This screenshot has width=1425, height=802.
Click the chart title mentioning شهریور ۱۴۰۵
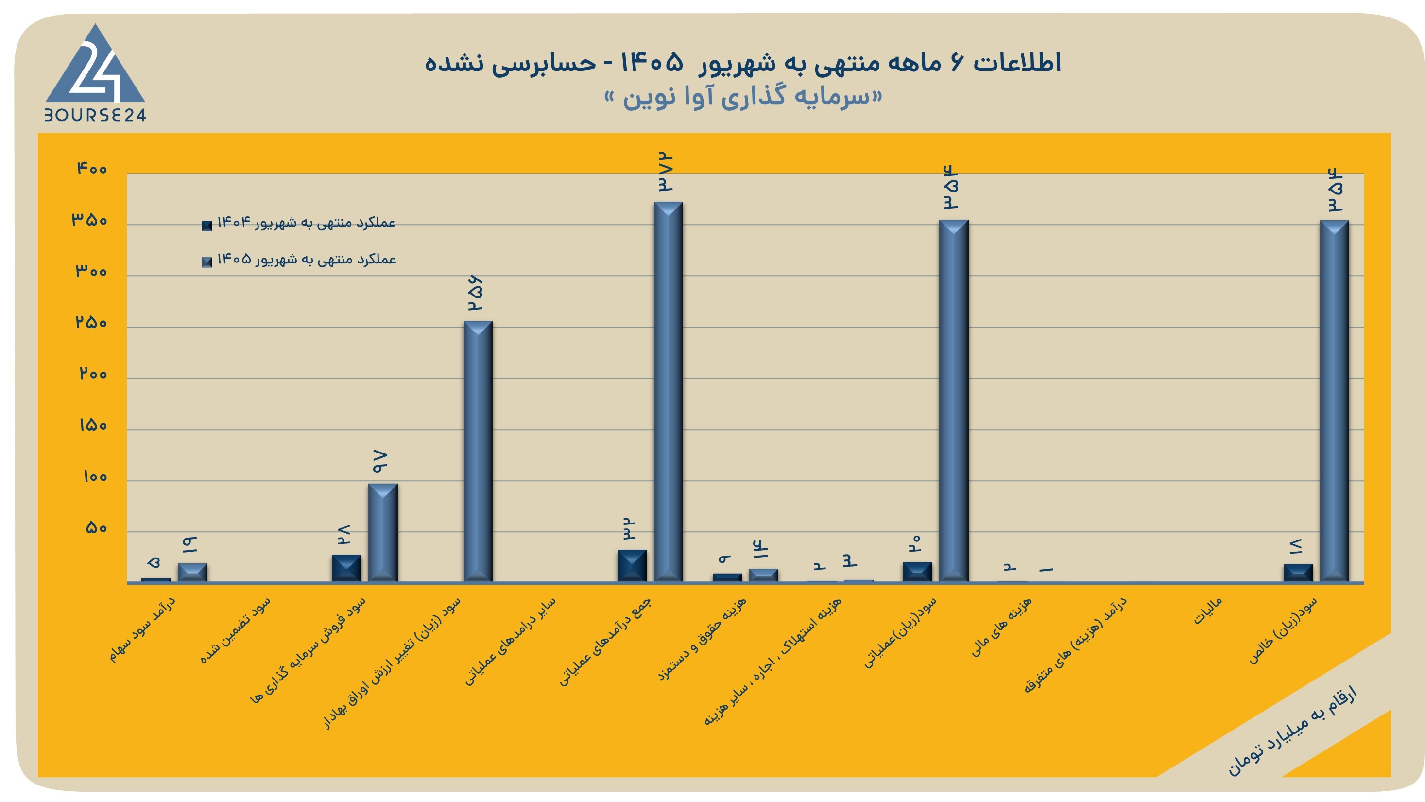[742, 63]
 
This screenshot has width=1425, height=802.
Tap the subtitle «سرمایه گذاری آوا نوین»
[742, 97]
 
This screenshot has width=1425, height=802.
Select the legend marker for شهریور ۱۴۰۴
[207, 225]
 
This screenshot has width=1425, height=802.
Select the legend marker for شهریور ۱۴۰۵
[207, 262]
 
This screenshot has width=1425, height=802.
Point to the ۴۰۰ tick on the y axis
[92, 168]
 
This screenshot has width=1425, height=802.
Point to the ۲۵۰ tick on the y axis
[91, 322]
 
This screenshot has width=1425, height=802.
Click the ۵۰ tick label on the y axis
[96, 527]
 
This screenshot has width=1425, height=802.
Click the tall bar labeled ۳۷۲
[668, 391]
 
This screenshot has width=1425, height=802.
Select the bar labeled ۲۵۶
[478, 451]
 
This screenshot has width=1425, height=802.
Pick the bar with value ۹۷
[383, 532]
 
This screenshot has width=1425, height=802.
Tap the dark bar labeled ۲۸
[346, 568]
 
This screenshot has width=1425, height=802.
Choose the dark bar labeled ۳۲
[632, 566]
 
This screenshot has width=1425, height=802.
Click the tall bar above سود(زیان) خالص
[1334, 401]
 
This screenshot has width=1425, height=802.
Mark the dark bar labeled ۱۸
[1298, 573]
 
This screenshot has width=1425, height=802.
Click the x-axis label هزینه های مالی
[1001, 627]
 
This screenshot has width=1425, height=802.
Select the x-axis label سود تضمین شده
[235, 630]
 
